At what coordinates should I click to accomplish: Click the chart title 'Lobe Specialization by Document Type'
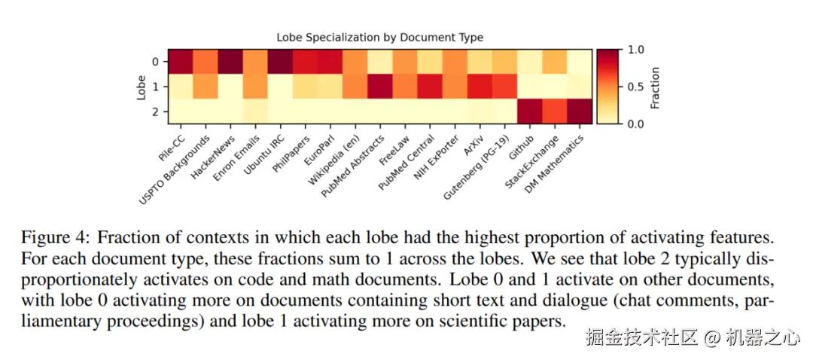(x=379, y=37)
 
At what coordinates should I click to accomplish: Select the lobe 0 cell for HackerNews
(x=230, y=61)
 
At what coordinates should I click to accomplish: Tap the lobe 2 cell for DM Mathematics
(x=580, y=111)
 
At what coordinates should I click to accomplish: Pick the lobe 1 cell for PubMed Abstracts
(x=380, y=86)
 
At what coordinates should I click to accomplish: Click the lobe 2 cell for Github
(x=530, y=111)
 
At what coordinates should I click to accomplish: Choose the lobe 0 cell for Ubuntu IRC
(x=280, y=61)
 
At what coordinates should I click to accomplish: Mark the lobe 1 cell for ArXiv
(x=480, y=86)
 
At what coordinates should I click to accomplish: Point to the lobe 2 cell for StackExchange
(x=555, y=111)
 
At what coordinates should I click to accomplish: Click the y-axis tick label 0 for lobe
(x=155, y=61)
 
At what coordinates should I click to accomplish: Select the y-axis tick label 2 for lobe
(x=155, y=111)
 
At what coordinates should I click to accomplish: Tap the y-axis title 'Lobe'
(x=141, y=87)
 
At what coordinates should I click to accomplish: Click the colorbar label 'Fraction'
(x=655, y=87)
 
